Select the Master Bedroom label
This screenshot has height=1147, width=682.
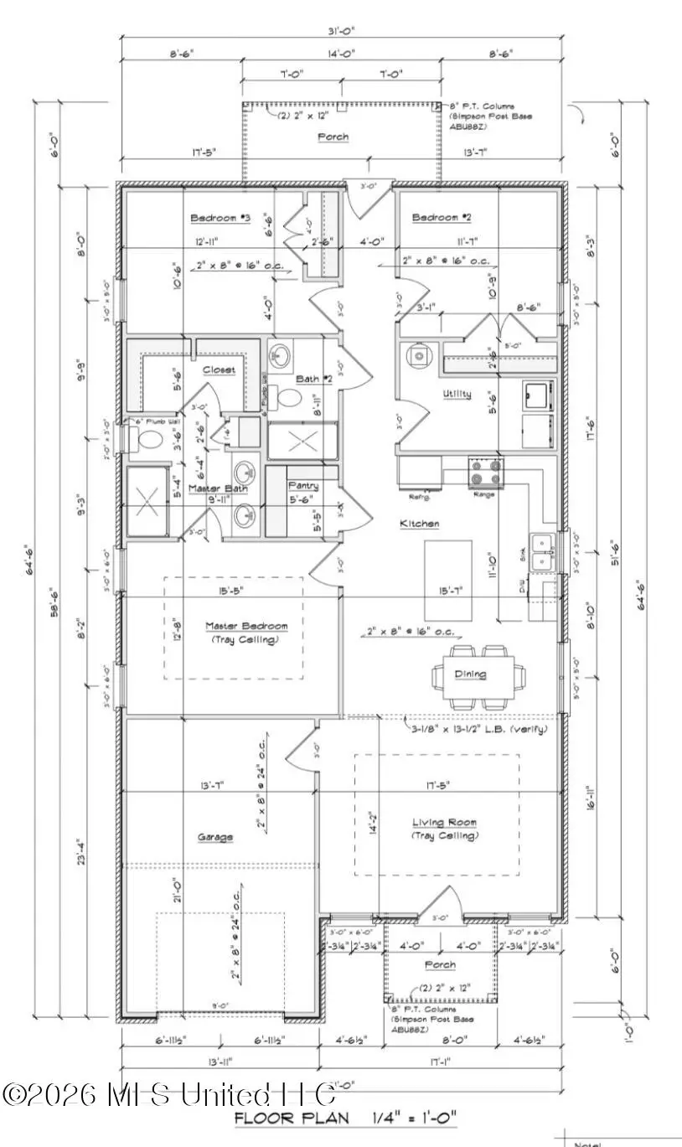coord(246,626)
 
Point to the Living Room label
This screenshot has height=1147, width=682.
coord(444,823)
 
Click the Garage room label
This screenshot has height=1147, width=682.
coord(215,837)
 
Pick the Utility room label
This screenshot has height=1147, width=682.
coord(457,394)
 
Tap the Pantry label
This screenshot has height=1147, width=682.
coord(302,486)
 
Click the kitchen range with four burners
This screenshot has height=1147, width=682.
coord(487,473)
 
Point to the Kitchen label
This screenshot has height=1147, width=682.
coord(419,524)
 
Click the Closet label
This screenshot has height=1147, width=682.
coord(218,369)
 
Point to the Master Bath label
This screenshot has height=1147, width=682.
coord(215,488)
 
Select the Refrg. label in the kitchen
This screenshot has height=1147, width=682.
coord(419,497)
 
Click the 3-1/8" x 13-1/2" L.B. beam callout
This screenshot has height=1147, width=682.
coord(474,729)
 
